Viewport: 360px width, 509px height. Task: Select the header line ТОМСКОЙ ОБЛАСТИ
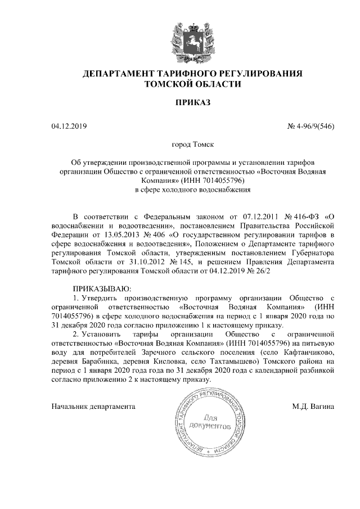(193, 85)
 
